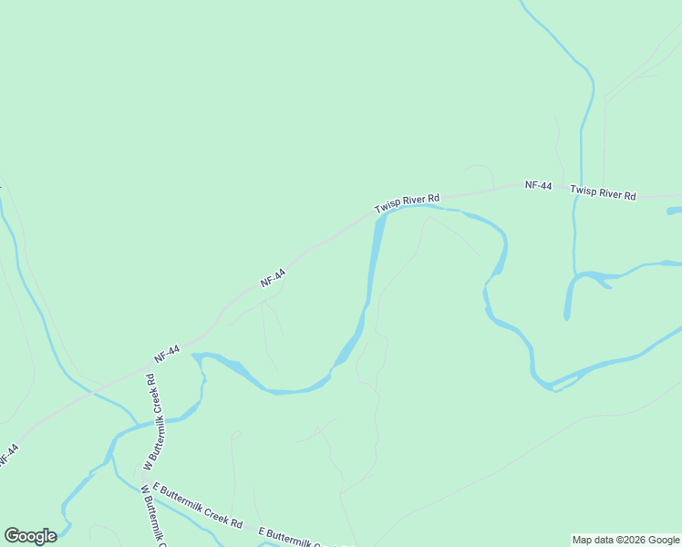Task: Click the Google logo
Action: click(x=30, y=536)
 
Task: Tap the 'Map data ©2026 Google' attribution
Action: click(x=625, y=540)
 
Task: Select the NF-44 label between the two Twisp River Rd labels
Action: click(x=538, y=186)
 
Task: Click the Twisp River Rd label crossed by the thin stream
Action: click(x=603, y=191)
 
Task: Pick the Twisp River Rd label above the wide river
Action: click(x=407, y=203)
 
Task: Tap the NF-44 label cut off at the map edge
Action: click(x=8, y=455)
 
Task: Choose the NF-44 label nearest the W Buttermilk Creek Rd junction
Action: click(x=167, y=355)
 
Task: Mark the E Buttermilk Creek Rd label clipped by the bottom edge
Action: click(x=305, y=539)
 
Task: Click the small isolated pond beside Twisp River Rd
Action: click(x=674, y=212)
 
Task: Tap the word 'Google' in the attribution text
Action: click(x=665, y=540)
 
